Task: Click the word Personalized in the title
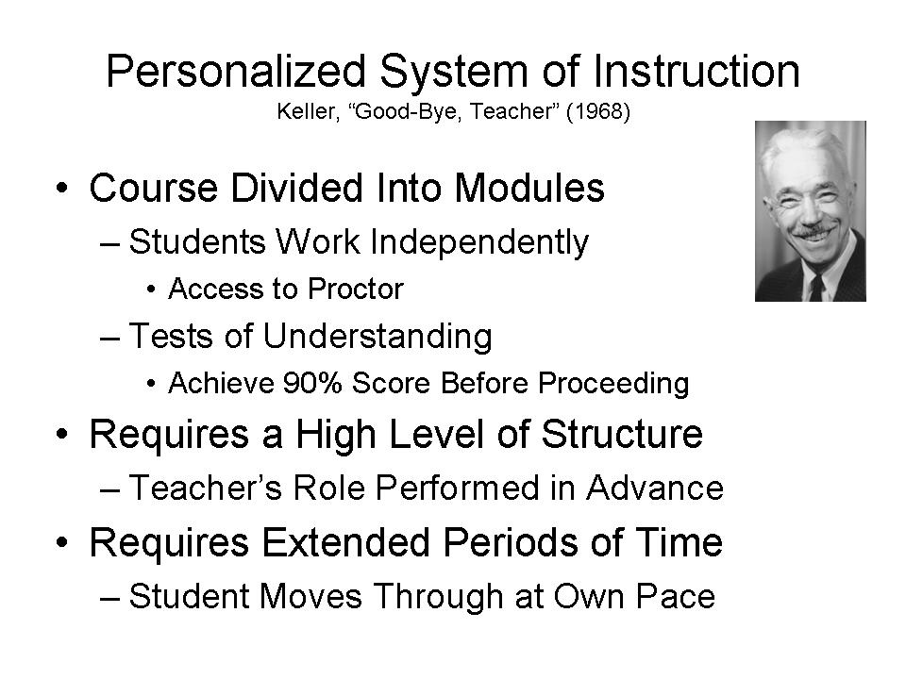pos(236,72)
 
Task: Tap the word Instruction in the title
pos(696,71)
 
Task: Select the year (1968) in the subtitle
pos(598,110)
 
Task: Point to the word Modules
pos(529,188)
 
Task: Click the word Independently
pos(479,242)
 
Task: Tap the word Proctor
pos(356,289)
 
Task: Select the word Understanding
pos(377,337)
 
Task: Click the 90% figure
pos(312,383)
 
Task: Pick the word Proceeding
pos(613,384)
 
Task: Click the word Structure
pos(622,434)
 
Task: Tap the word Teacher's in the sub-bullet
pos(205,488)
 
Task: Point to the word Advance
pos(655,488)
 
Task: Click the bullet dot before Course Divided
pos(62,189)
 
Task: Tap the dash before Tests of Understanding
pos(109,339)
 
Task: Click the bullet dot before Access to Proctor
pos(151,290)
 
